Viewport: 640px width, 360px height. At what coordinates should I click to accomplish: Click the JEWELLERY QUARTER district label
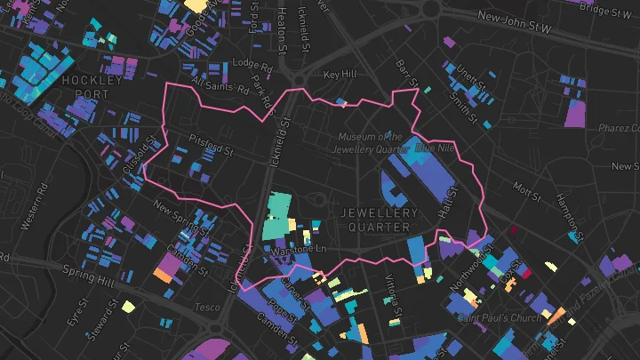point(379,220)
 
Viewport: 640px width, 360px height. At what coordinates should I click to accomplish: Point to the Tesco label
point(206,308)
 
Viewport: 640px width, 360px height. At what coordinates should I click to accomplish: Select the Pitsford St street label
point(209,140)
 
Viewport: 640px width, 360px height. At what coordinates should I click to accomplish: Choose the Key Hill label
point(340,75)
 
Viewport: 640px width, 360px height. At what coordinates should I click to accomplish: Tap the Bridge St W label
point(604,9)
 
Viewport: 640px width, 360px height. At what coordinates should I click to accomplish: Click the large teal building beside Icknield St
point(280,216)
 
